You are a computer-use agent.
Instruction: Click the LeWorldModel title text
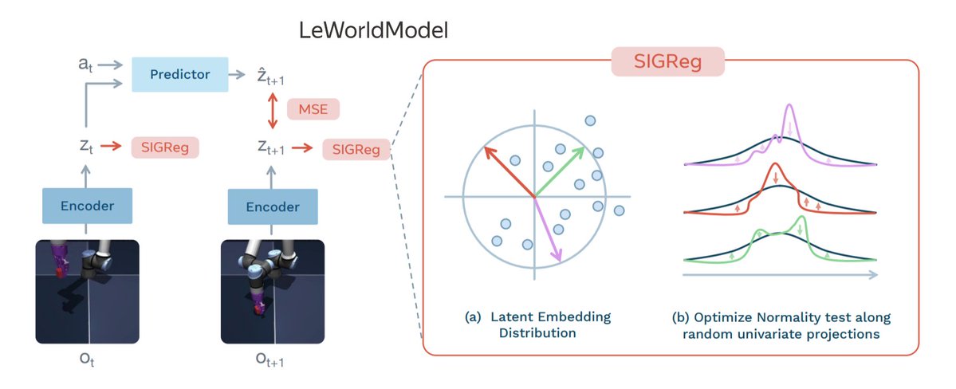(373, 31)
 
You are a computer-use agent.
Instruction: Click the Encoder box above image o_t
(88, 206)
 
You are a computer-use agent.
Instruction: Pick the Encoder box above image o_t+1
(273, 206)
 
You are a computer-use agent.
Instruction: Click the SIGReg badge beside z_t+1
(356, 148)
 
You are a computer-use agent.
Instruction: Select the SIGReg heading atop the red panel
(667, 61)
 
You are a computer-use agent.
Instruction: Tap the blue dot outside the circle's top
(590, 120)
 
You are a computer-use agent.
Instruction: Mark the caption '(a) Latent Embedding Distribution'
(537, 324)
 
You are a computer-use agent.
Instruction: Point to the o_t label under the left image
(87, 359)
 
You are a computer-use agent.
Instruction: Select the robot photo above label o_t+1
(273, 292)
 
